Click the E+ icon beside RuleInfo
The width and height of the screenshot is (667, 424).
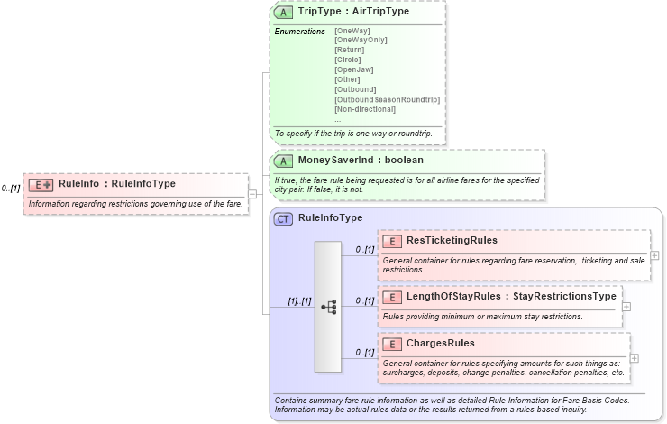[x=41, y=185]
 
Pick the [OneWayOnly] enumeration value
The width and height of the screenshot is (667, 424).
[x=361, y=40]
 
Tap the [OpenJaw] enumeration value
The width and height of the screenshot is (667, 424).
[x=353, y=69]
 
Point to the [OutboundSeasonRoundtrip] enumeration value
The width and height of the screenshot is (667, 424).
[x=387, y=99]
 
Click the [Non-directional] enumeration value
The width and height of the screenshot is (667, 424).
[x=364, y=109]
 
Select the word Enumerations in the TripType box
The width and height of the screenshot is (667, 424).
[x=299, y=32]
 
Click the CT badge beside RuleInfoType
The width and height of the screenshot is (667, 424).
[x=283, y=218]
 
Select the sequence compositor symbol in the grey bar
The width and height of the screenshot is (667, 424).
[x=328, y=307]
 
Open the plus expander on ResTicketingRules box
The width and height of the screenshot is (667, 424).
[x=654, y=255]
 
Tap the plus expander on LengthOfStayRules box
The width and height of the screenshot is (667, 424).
[x=626, y=307]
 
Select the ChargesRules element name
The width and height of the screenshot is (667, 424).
[x=440, y=344]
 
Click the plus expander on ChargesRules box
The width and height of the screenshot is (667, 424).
[x=635, y=358]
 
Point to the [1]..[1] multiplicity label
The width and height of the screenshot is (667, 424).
[x=299, y=301]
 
